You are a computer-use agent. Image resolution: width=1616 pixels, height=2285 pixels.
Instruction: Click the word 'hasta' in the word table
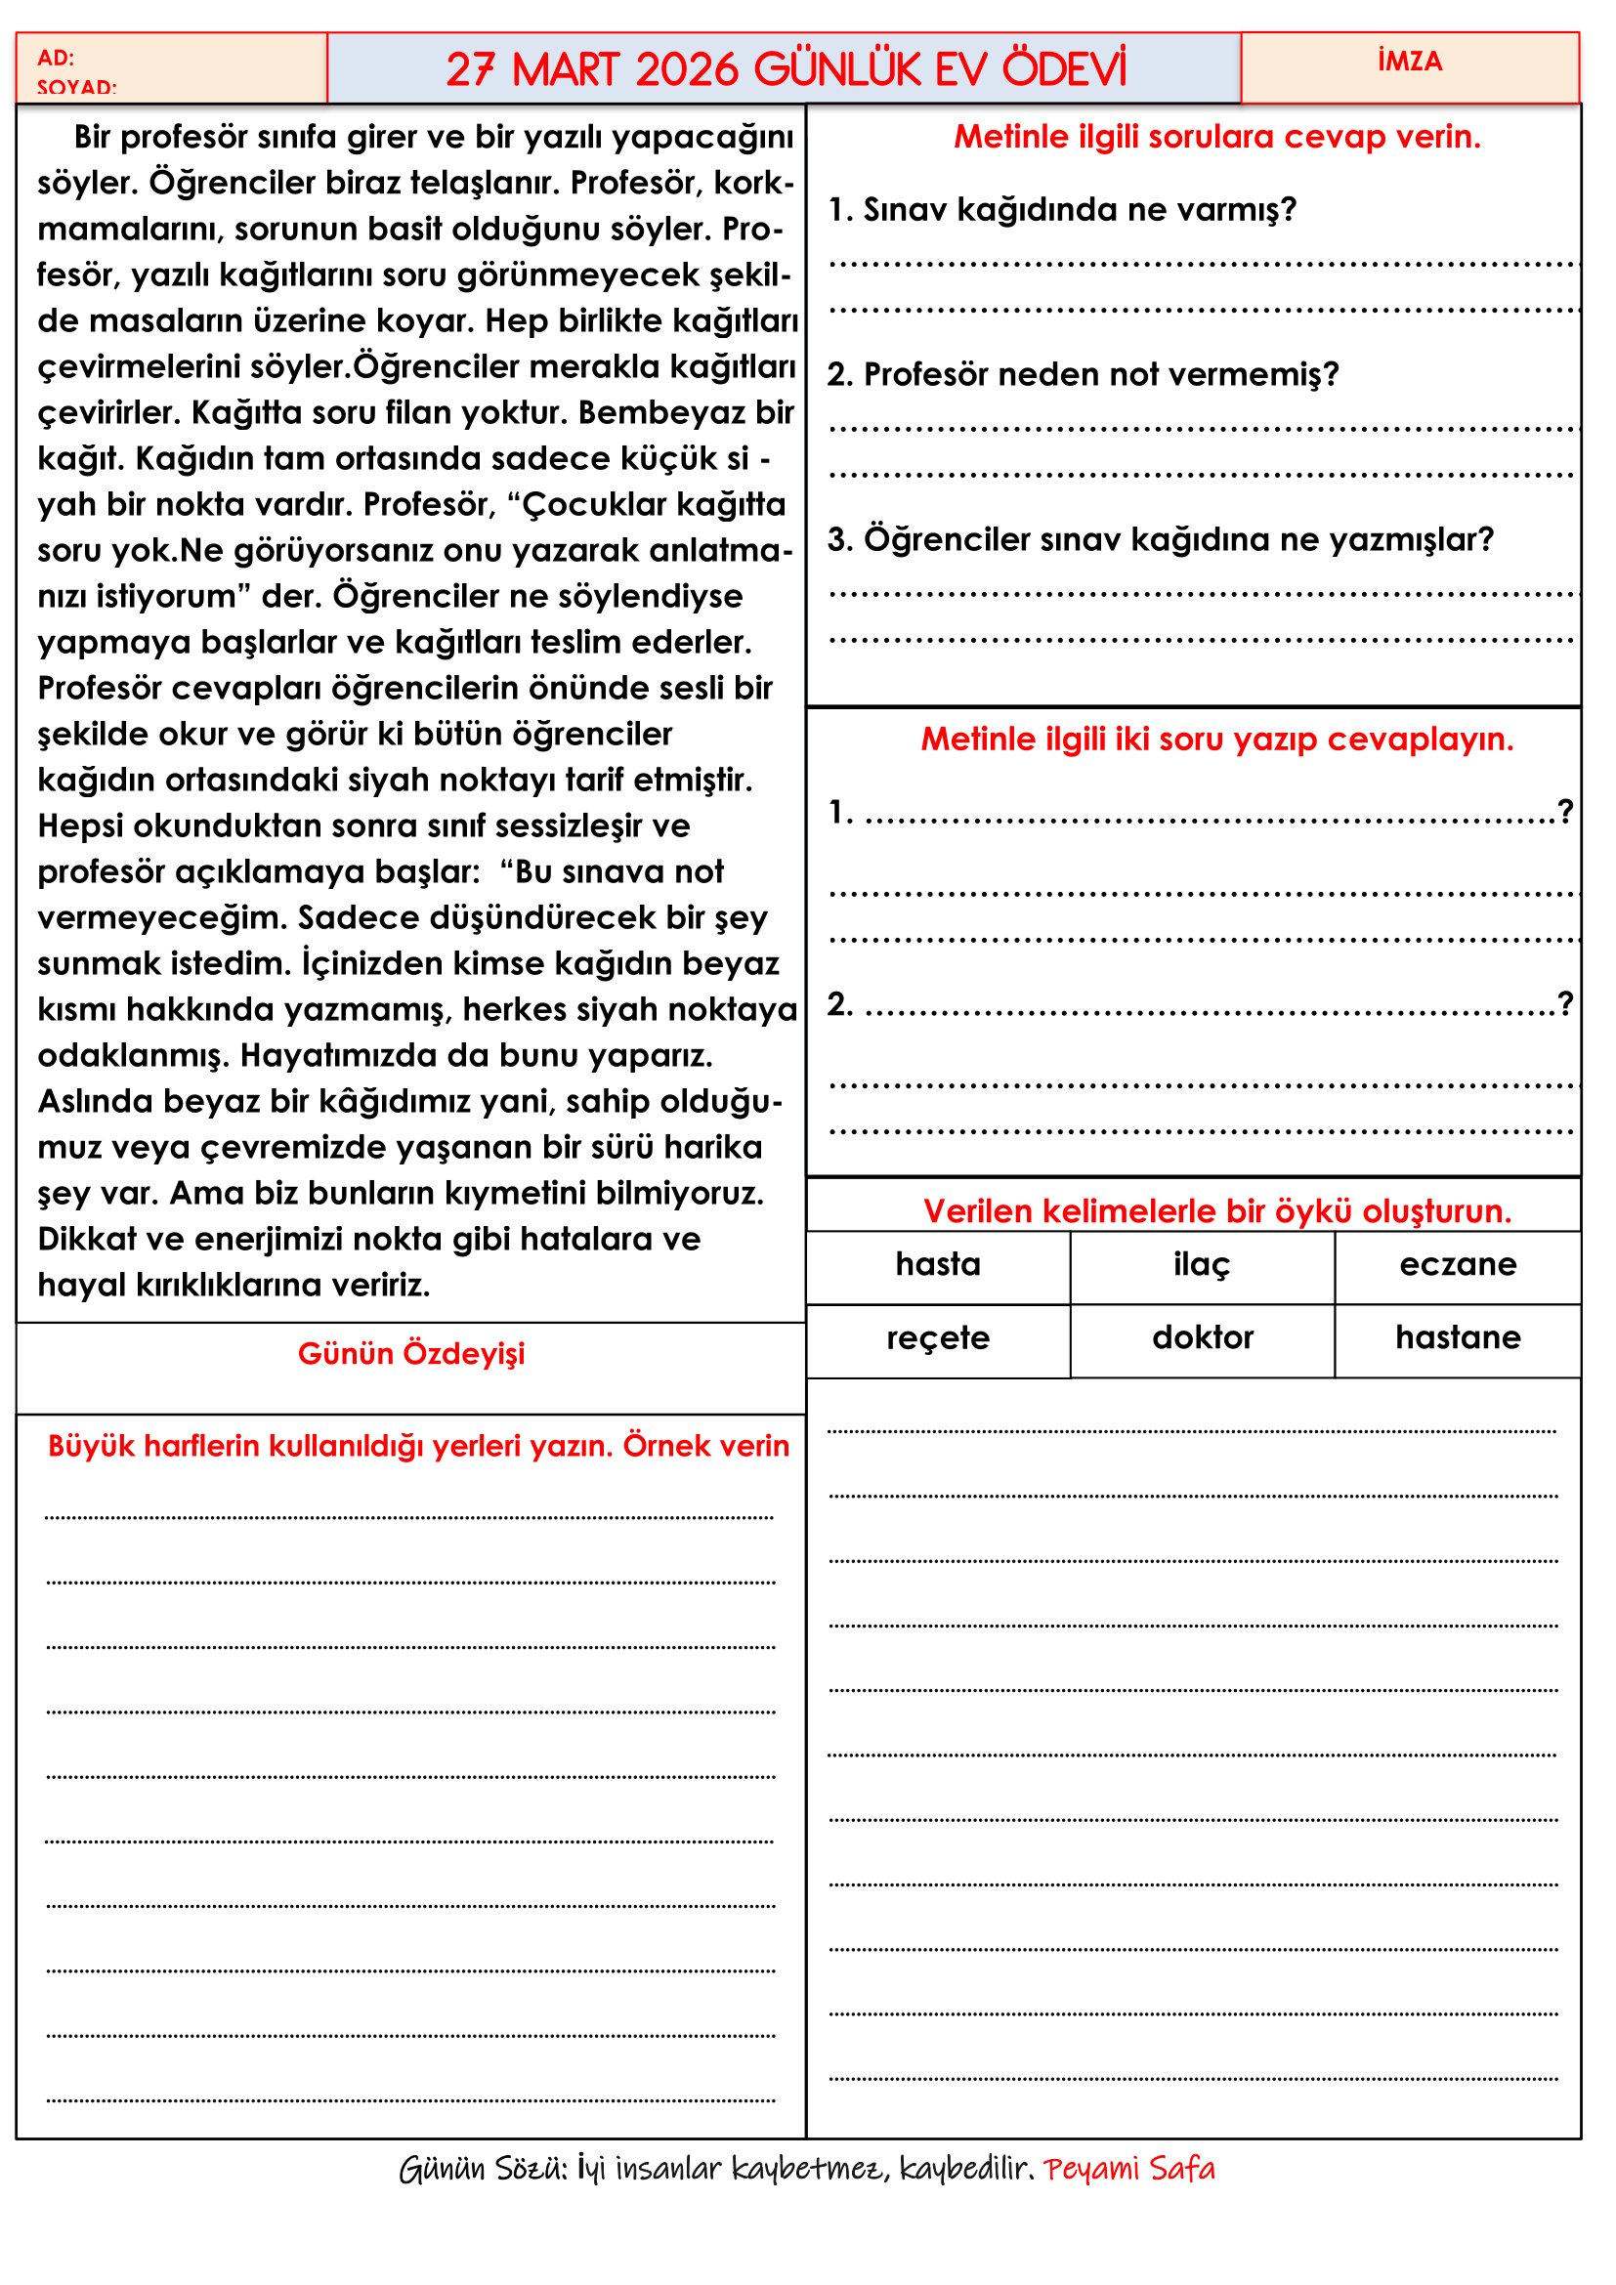click(937, 1264)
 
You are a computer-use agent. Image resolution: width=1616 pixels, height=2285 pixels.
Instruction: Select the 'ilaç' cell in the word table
click(1201, 1264)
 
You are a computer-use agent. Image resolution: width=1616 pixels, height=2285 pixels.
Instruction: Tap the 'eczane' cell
click(1457, 1264)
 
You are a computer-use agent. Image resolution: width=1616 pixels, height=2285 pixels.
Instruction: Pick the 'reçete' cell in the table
click(937, 1337)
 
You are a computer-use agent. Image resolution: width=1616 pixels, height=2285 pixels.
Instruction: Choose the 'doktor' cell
click(1202, 1337)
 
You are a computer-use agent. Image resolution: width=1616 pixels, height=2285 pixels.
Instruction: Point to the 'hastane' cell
click(1457, 1337)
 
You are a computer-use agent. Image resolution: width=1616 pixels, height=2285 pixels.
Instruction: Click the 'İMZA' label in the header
click(1409, 62)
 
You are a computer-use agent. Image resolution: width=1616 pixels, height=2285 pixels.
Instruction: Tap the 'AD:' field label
click(56, 58)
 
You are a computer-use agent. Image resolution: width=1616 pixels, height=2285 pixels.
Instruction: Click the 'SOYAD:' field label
click(76, 88)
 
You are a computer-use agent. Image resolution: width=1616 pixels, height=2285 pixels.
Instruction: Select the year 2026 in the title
click(688, 69)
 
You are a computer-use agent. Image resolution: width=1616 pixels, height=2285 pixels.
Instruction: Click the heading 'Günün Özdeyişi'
click(411, 1353)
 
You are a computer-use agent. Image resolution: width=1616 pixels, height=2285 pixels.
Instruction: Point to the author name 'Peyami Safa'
click(1128, 2169)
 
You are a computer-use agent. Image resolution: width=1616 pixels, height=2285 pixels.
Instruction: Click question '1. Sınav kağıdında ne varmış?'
click(1062, 209)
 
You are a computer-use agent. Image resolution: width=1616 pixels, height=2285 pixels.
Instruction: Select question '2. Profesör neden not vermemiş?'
click(1083, 374)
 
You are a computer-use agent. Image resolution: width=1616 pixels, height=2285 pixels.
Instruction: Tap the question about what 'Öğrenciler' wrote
click(1161, 539)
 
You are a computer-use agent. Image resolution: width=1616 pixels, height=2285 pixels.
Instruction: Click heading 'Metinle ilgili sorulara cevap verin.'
click(1217, 137)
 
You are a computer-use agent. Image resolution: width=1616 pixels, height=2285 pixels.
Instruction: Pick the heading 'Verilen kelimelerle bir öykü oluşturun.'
click(1217, 1211)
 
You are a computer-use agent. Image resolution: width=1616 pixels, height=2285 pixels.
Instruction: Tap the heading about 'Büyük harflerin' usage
click(418, 1446)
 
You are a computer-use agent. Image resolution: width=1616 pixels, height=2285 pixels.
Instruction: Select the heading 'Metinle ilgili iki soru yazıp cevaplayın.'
click(1217, 740)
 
